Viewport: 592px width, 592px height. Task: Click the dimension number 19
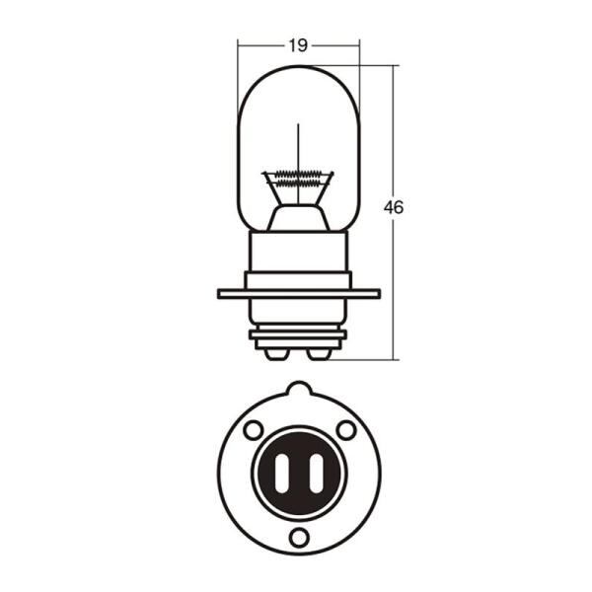click(x=298, y=45)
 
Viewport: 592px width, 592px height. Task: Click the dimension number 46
click(x=394, y=207)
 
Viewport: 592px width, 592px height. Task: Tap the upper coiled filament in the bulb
click(x=298, y=175)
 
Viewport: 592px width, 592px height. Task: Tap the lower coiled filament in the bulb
click(x=298, y=184)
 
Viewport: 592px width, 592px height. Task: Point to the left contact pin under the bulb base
click(x=276, y=354)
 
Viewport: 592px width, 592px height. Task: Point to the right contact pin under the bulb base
click(x=320, y=354)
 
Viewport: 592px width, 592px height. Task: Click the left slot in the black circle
click(x=281, y=473)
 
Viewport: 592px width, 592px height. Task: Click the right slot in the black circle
click(x=317, y=473)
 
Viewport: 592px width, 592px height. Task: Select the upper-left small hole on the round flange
click(x=254, y=430)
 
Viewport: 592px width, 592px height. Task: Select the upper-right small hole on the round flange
click(x=346, y=429)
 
